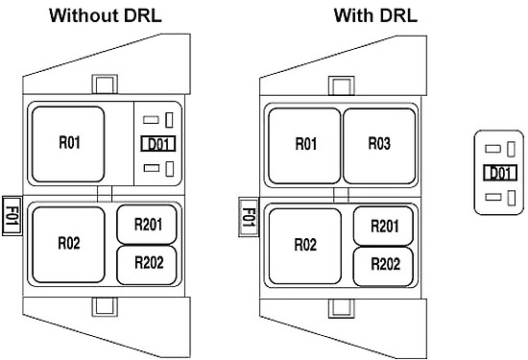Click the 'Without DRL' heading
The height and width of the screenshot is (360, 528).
pos(106,15)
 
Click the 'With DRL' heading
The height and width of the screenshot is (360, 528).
pos(375,15)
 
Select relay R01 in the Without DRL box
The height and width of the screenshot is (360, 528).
pos(68,144)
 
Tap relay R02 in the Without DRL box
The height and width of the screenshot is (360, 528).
pos(68,245)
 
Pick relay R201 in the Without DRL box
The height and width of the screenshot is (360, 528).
pos(147,225)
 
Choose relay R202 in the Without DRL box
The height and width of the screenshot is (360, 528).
pos(147,265)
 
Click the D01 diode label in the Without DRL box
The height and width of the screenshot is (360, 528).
pos(158,144)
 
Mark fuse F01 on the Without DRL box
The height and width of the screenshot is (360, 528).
pos(12,216)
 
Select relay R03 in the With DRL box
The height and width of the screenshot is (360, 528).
pos(379,146)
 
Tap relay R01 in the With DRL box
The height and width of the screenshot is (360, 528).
pos(304,146)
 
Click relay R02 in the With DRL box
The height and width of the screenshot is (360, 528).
pos(305,246)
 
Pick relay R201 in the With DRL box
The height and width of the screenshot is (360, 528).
pos(384,226)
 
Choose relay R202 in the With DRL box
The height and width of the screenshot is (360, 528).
pos(384,267)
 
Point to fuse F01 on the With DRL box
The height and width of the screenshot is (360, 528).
pos(249,217)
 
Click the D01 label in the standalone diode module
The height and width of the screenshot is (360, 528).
pos(500,173)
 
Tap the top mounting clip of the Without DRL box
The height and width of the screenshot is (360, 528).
pos(105,84)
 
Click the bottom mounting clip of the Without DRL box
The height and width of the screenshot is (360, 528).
pos(105,306)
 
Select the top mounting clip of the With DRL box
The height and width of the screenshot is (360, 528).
pos(342,85)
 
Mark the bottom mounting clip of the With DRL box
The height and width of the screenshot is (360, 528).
pos(342,308)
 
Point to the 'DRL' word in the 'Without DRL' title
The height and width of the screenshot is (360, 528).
pos(143,15)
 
